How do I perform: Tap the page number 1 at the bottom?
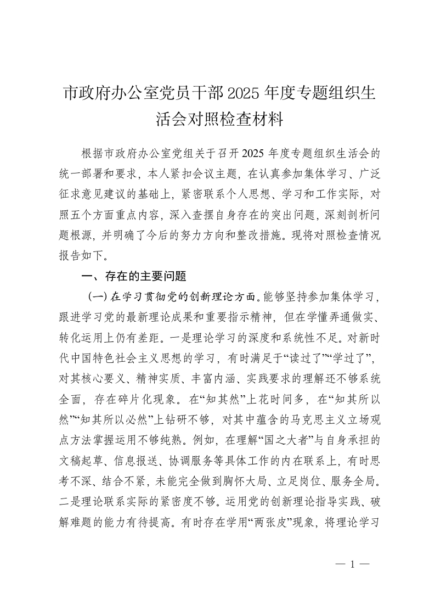click(x=353, y=564)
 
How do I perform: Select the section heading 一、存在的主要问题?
click(x=134, y=276)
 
